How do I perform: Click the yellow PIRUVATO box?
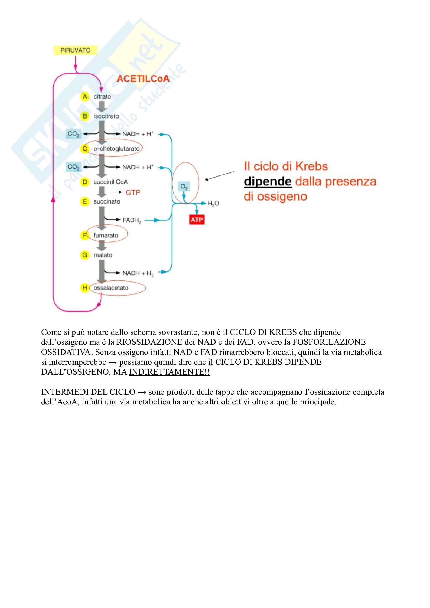click(x=75, y=50)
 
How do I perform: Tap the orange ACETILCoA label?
click(x=143, y=79)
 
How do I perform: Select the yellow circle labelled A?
click(x=85, y=97)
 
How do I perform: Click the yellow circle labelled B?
click(x=85, y=116)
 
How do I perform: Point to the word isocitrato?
click(x=106, y=116)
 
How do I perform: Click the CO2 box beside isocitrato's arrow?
click(x=73, y=134)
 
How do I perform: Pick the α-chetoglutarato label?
click(x=116, y=149)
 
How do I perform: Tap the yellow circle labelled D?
click(x=85, y=182)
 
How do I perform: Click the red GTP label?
click(x=133, y=193)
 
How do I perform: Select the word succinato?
click(x=107, y=201)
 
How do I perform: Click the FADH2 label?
click(x=132, y=220)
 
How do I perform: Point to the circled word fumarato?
click(x=106, y=235)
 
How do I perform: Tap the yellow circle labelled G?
click(x=85, y=255)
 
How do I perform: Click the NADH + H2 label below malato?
click(x=138, y=273)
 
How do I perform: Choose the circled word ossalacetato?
click(x=111, y=288)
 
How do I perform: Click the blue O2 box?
click(x=184, y=187)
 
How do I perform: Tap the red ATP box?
click(x=197, y=220)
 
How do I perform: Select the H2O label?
click(x=213, y=203)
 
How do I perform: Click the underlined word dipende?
click(x=268, y=182)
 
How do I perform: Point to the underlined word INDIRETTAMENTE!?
click(x=170, y=372)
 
